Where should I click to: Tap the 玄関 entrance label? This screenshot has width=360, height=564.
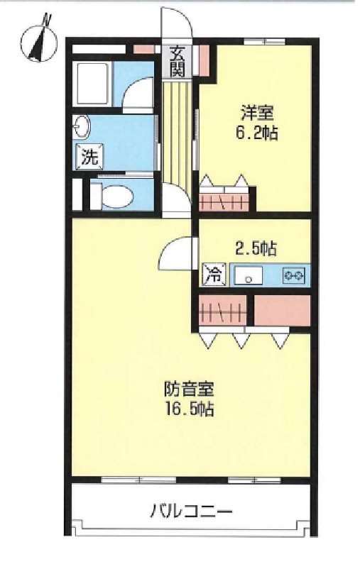(x=177, y=61)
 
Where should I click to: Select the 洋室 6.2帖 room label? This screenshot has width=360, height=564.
(x=256, y=123)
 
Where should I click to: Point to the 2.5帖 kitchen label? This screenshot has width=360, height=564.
(x=256, y=248)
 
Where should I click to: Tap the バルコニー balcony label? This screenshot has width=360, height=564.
(x=191, y=510)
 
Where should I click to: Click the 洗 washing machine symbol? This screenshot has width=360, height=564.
(x=89, y=157)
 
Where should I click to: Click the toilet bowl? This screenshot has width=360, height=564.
(x=112, y=197)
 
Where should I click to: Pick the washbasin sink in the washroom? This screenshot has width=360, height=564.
(x=82, y=126)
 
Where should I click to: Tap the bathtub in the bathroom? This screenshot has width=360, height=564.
(x=92, y=84)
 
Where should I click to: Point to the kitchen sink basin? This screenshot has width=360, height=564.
(x=249, y=276)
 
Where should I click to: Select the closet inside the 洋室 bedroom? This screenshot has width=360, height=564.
(x=224, y=202)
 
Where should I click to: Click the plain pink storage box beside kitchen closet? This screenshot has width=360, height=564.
(x=282, y=311)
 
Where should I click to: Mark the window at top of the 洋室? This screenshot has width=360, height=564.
(x=265, y=41)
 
